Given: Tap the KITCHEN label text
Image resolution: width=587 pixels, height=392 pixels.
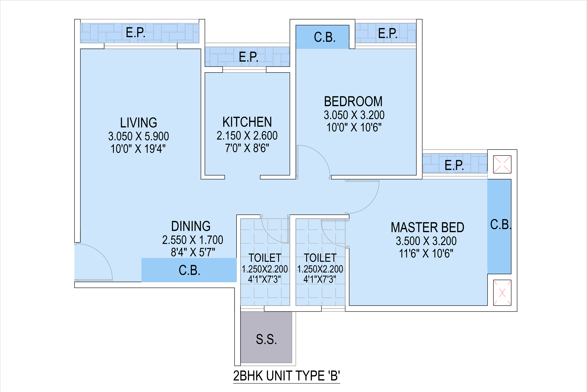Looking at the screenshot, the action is click(x=247, y=122).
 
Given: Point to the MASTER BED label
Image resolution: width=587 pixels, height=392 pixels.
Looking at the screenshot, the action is click(x=427, y=228).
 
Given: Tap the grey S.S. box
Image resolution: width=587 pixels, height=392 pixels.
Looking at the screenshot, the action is click(x=266, y=337).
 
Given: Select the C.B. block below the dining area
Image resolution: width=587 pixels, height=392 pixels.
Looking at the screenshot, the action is click(x=189, y=270).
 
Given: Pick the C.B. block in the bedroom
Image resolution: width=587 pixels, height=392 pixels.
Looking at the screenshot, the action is click(x=322, y=37).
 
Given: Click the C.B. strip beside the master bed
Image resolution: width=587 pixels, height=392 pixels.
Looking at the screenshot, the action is click(x=499, y=226).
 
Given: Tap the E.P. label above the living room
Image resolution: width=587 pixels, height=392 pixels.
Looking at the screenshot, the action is click(x=136, y=33).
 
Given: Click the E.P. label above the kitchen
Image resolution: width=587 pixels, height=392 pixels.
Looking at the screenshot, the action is click(x=248, y=57).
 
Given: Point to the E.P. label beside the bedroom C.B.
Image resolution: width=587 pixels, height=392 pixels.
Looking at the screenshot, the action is click(x=388, y=33).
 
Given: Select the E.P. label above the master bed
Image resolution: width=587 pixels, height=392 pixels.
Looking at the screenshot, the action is click(x=454, y=165).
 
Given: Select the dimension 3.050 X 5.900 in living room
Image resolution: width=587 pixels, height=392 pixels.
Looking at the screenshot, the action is click(x=139, y=136).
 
